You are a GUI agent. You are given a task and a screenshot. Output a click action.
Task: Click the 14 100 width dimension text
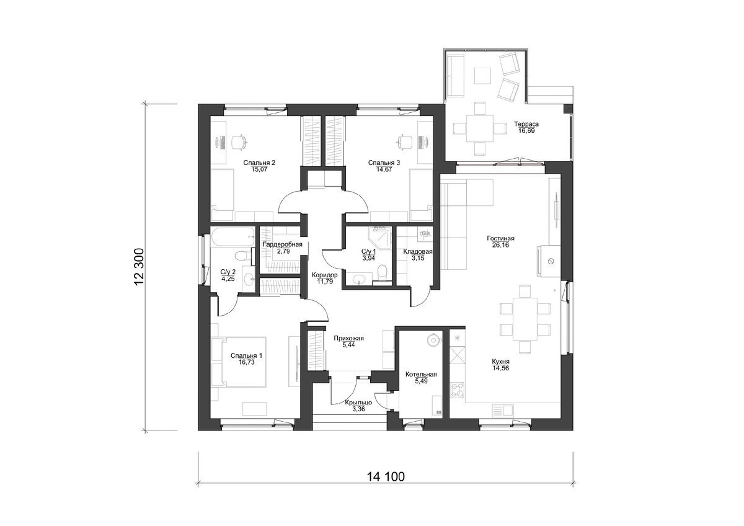[x=386, y=477]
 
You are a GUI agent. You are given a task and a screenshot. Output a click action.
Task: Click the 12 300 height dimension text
[x=139, y=267]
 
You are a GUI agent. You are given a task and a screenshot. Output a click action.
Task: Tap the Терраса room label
[x=526, y=124]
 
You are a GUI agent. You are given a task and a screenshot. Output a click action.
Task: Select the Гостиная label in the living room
[x=500, y=238]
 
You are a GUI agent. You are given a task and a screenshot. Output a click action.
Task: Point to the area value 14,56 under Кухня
[x=500, y=368]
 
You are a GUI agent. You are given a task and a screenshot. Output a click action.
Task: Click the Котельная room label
[x=421, y=374]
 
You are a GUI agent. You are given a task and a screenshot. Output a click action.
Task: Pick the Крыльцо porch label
[x=358, y=403]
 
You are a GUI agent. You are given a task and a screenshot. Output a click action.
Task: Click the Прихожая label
[x=348, y=338]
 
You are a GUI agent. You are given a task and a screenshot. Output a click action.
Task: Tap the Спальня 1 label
[x=247, y=355]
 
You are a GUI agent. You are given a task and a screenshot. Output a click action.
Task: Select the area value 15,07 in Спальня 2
[x=259, y=169]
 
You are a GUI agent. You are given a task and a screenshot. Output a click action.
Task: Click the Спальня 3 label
[x=384, y=163]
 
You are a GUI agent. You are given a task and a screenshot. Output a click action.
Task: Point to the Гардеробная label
[x=282, y=244]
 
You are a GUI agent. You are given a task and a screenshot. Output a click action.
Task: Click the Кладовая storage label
[x=418, y=252]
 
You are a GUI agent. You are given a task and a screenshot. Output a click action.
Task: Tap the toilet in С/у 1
[x=383, y=273]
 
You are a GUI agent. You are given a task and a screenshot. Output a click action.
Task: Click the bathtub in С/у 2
[x=232, y=237]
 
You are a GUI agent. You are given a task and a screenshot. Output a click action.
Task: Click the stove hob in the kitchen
[x=457, y=390]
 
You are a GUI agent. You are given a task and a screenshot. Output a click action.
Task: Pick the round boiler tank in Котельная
[x=433, y=340]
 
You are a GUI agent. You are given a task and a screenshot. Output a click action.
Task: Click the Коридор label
[x=324, y=275]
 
